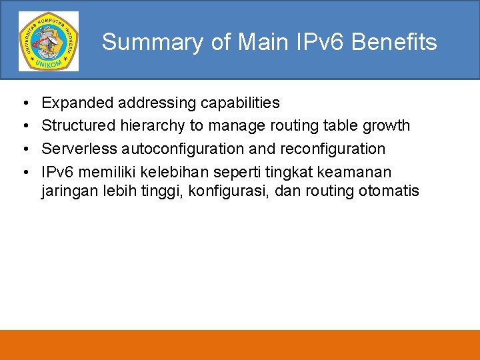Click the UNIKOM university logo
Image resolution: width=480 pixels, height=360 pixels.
48,41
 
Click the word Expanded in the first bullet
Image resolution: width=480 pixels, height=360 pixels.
77,103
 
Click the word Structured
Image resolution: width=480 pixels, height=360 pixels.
78,125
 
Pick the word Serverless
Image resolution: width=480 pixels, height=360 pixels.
79,148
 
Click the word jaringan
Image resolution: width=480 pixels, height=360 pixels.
69,192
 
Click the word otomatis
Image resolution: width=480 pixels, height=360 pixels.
389,192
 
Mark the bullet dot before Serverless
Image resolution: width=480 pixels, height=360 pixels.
24,149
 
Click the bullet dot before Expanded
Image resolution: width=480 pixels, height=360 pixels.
24,103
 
